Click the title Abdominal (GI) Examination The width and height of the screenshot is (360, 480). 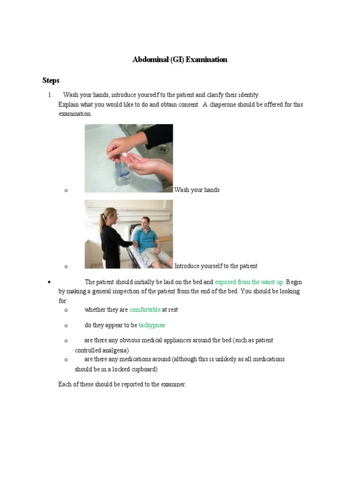(180, 60)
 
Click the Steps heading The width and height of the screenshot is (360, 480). (51, 81)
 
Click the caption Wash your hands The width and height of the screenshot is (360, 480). (197, 190)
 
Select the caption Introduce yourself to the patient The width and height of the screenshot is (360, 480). (216, 266)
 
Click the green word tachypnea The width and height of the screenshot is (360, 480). (151, 325)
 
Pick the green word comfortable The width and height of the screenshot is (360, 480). (145, 310)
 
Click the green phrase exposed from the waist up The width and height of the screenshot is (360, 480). (249, 282)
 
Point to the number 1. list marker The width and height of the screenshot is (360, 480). (50, 95)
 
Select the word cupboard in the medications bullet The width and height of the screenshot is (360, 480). (142, 369)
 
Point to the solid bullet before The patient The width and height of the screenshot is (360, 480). (49, 282)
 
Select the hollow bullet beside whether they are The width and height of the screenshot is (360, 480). (66, 310)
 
